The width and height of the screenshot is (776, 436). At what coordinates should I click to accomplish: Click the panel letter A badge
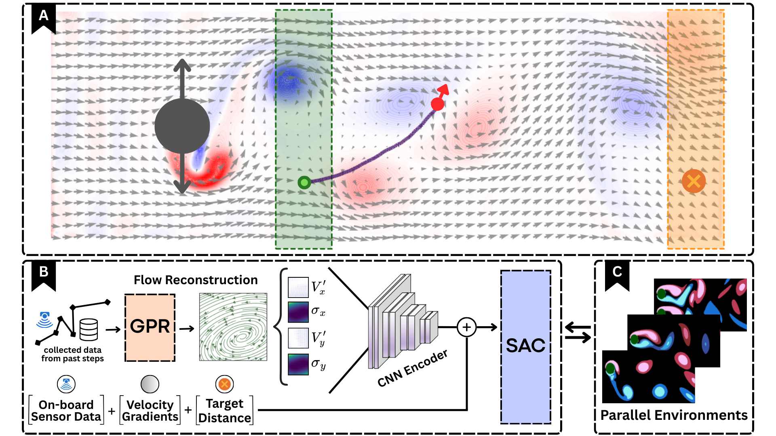point(43,16)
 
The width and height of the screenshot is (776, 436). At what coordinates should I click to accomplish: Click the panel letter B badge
point(43,272)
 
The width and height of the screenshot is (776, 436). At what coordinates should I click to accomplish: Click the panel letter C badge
point(617,272)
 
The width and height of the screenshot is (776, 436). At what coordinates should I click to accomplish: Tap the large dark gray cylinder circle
point(182,126)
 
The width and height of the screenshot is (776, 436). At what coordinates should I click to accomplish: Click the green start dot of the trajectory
point(304,182)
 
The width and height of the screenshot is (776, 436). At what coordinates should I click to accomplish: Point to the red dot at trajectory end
point(437,104)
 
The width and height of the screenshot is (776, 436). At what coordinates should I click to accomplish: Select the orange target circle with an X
point(694,181)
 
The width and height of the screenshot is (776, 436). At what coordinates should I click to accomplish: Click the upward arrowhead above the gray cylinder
point(182,65)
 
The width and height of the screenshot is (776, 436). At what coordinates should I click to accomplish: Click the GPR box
point(150,327)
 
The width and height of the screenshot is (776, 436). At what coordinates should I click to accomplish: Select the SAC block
point(525,346)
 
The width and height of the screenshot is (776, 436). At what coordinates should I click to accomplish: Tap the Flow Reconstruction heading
point(196,280)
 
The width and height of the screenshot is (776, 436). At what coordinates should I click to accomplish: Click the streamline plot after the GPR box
point(233,327)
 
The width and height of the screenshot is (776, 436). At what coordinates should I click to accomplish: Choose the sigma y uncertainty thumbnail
point(298,364)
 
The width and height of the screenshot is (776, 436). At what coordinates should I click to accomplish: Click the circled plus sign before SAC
point(467,327)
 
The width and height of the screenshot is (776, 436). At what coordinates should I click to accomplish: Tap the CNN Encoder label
point(413,368)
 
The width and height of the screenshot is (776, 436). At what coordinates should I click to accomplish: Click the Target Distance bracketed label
point(225,411)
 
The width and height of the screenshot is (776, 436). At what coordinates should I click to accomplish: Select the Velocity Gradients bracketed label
point(150,411)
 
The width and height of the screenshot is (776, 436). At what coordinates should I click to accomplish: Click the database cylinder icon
point(89,329)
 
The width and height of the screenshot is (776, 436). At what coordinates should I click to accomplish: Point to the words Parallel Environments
point(674,415)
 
